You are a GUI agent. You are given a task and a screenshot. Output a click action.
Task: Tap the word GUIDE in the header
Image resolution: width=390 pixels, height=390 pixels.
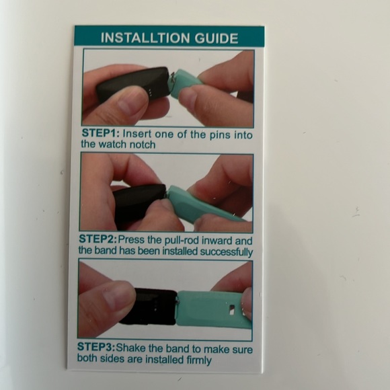point(217,38)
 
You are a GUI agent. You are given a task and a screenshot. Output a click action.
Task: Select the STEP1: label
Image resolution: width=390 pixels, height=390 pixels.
point(101,133)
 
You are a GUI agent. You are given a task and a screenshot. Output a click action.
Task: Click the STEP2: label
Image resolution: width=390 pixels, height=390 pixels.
point(97,239)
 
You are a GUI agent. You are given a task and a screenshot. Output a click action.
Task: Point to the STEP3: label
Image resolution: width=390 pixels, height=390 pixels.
point(96,347)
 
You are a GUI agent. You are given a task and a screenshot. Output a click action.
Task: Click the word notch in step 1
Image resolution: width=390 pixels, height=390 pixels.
point(143,145)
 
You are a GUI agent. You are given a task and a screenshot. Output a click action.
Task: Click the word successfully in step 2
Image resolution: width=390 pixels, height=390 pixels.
point(227,251)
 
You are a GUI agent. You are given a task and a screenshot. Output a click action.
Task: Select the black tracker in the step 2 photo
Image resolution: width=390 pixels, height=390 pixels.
point(137,202)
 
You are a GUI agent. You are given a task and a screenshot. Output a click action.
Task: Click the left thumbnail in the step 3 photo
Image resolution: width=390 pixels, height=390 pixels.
point(117,298)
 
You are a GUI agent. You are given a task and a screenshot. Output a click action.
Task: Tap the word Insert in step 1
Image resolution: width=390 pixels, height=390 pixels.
point(137,134)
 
